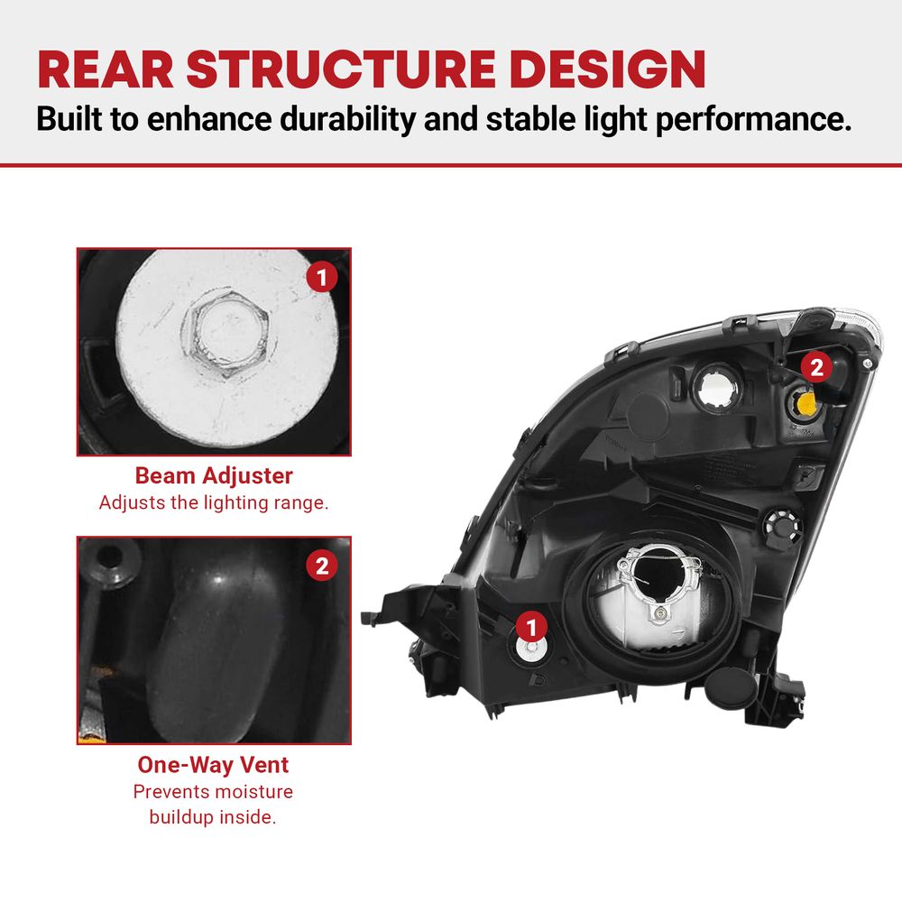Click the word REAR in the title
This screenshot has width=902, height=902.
tap(106, 69)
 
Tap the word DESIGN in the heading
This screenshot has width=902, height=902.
tap(607, 69)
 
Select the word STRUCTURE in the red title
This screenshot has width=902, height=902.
tap(341, 69)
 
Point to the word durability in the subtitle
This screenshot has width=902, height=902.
tap(347, 119)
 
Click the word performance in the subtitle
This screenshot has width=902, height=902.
tap(753, 120)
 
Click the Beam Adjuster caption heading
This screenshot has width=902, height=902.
tap(214, 475)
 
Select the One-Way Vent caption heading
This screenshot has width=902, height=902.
tap(214, 765)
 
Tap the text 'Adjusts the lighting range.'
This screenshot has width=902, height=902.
tap(214, 502)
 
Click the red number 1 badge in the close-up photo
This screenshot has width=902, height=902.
tap(322, 277)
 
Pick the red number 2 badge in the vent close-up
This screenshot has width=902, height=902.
tap(322, 566)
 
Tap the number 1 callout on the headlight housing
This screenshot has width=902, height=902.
tap(531, 627)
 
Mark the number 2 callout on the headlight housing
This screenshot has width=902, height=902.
tap(816, 367)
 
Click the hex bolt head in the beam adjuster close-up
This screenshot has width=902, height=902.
tap(225, 335)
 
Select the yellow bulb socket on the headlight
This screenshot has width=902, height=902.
tap(805, 402)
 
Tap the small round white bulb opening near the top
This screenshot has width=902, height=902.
tap(717, 386)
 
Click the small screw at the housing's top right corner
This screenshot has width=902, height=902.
tap(868, 364)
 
